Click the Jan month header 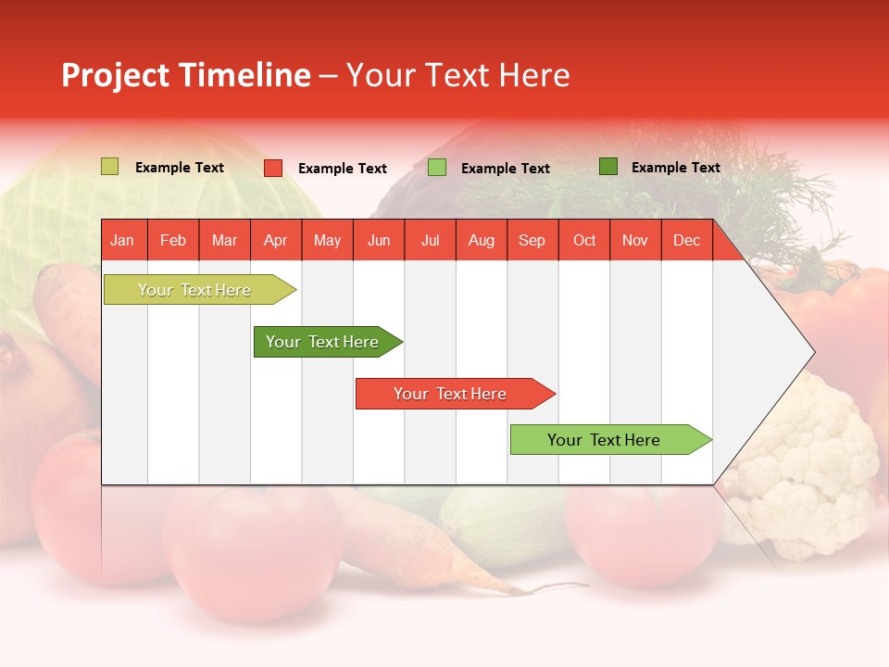coord(122,240)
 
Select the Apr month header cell coord(275,240)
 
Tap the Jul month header coord(430,240)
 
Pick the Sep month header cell coord(532,240)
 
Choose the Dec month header coord(686,240)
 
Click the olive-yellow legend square coord(109,167)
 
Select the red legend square coord(273,168)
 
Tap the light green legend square coord(437,168)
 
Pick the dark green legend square coord(608,167)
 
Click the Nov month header coord(635,240)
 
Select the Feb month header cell coord(173,240)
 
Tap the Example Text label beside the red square coord(343,169)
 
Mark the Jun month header coord(379,240)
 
